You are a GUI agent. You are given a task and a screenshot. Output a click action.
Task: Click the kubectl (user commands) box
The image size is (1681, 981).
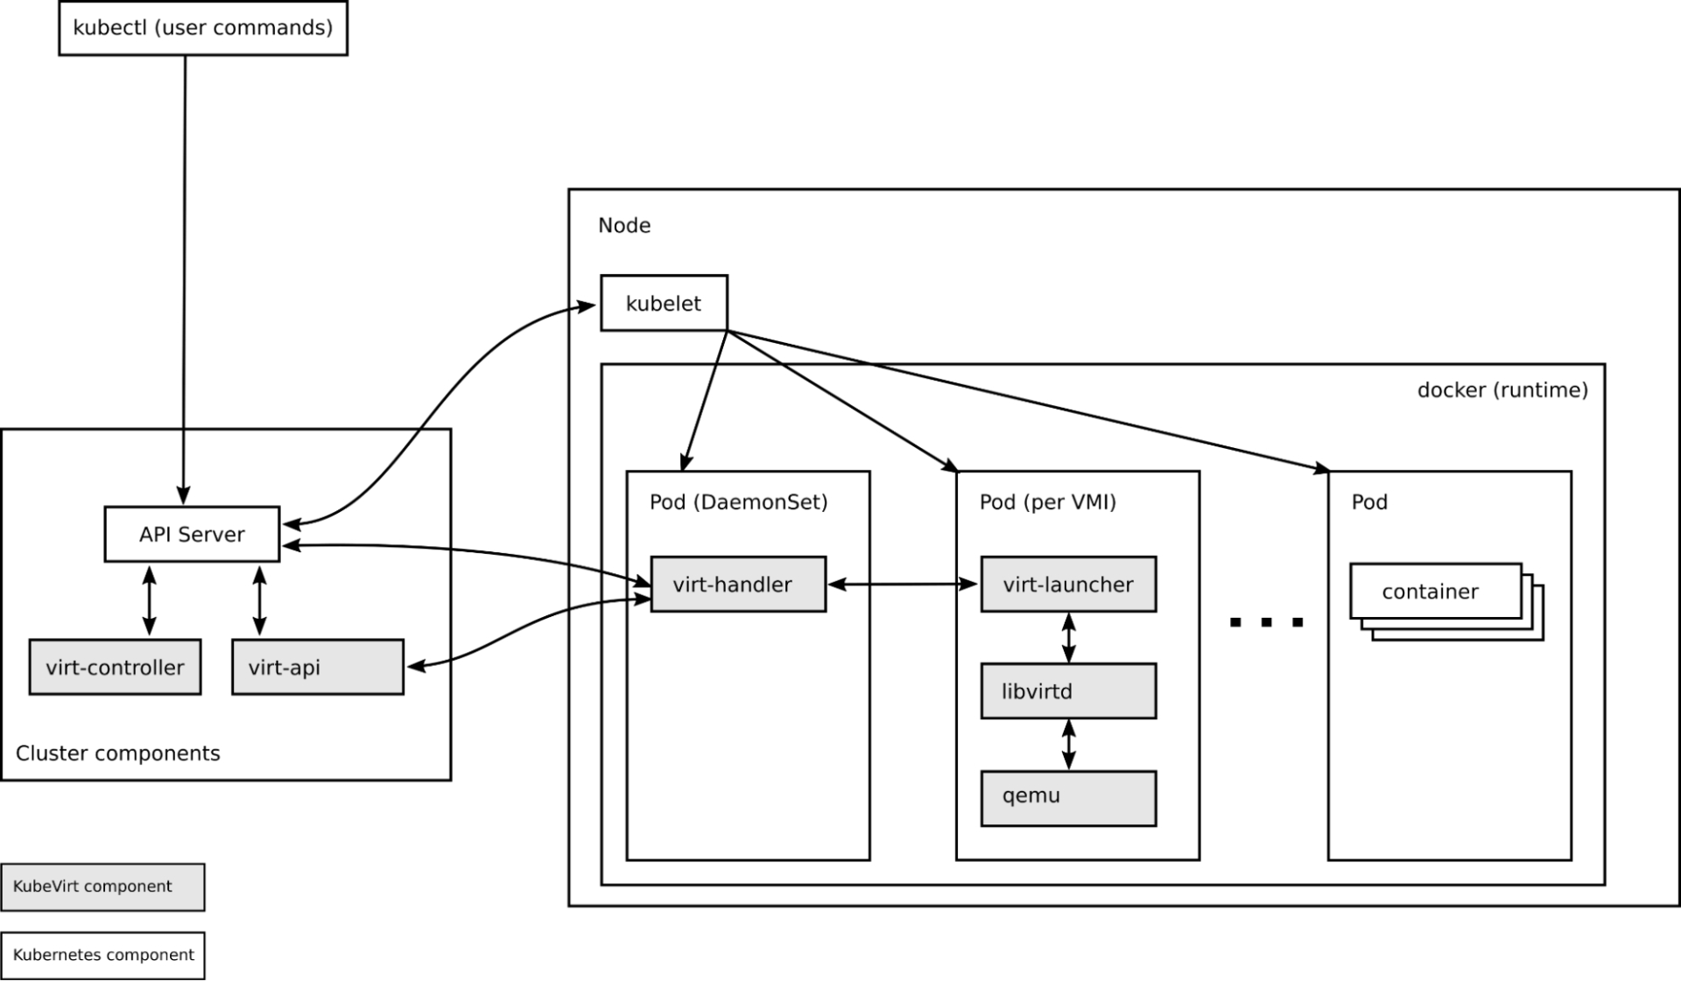pos(203,28)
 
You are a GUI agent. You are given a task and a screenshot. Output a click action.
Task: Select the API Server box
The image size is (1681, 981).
pos(192,534)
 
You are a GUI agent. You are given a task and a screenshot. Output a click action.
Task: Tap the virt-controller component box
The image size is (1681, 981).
pos(115,667)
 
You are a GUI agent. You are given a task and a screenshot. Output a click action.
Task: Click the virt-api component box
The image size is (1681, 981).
pos(318,667)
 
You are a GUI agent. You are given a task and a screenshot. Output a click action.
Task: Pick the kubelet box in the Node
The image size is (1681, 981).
pos(664,303)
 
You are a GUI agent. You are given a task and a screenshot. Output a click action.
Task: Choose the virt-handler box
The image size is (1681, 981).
pos(738,584)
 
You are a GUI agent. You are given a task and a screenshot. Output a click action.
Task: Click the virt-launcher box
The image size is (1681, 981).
pos(1068,584)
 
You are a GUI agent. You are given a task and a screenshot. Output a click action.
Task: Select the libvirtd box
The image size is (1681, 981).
pos(1068,690)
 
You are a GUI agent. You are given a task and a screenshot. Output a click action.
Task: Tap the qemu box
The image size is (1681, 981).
pos(1068,797)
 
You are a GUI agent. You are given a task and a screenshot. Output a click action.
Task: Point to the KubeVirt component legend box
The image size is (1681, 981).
pos(102,886)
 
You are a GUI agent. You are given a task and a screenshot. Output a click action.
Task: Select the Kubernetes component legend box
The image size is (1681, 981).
pos(102,955)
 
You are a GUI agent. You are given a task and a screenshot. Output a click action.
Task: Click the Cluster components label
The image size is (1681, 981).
pos(118,753)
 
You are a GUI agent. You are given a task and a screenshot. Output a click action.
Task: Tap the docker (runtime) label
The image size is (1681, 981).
pos(1502,390)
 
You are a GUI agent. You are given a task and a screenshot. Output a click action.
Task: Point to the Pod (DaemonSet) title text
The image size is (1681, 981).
pos(738,502)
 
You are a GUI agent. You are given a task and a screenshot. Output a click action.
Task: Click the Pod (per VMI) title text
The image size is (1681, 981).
pos(1048,502)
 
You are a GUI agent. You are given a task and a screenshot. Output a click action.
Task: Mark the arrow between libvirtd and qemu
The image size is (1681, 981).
pos(1068,744)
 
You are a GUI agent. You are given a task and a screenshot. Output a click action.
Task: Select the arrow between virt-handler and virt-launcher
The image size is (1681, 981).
pos(903,584)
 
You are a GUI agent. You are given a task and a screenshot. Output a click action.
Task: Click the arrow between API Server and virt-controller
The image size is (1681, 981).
pos(150,600)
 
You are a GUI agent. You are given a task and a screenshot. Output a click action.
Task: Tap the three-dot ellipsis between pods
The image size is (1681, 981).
pos(1266,622)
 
